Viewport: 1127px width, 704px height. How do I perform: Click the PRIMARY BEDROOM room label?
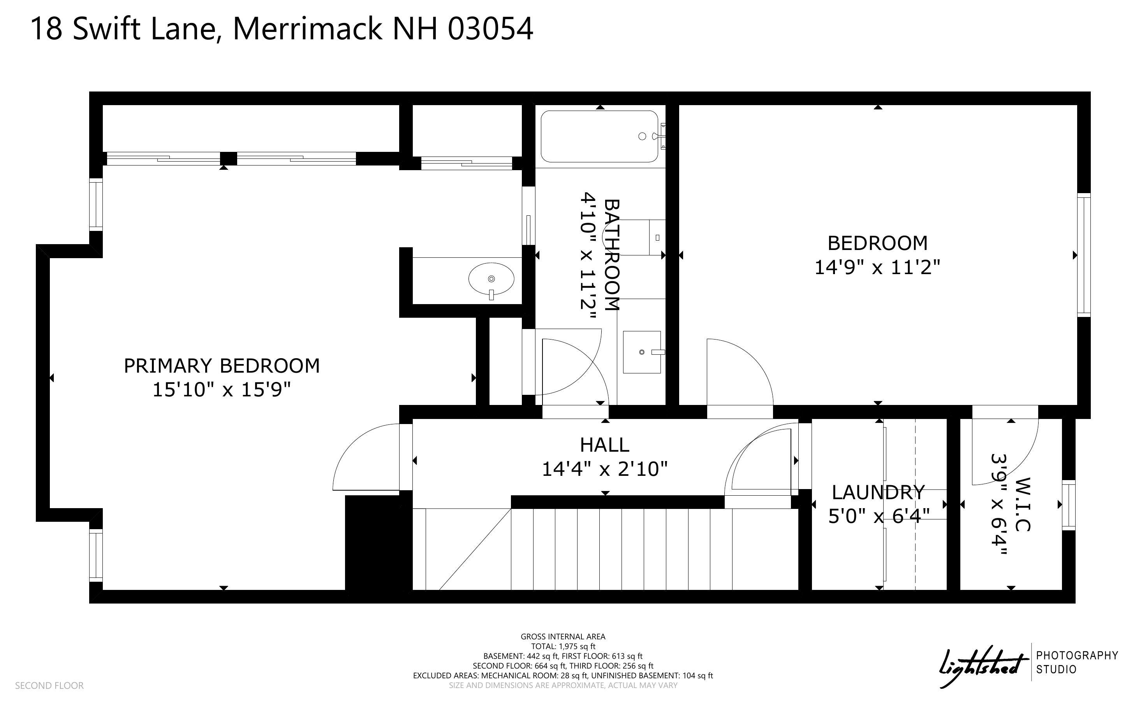click(x=222, y=366)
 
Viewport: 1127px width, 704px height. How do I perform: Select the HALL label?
click(x=605, y=445)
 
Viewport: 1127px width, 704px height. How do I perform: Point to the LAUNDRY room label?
click(x=878, y=492)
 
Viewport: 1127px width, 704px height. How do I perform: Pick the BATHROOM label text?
click(x=612, y=255)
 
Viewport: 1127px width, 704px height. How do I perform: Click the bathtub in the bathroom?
click(x=600, y=136)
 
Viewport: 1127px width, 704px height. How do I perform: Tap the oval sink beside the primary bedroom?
click(x=491, y=279)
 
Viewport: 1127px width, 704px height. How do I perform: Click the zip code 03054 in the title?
click(x=490, y=29)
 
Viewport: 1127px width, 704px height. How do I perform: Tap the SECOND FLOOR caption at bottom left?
click(x=49, y=686)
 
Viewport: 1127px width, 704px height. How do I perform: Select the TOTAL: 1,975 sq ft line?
click(x=563, y=646)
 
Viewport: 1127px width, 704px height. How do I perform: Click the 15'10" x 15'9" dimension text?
click(x=222, y=390)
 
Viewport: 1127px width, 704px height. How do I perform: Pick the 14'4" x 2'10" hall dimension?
click(x=605, y=469)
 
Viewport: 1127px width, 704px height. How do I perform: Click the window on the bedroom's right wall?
click(x=1084, y=255)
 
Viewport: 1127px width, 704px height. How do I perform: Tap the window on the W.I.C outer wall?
click(x=1069, y=505)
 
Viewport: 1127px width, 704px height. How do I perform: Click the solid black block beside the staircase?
click(x=379, y=543)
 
